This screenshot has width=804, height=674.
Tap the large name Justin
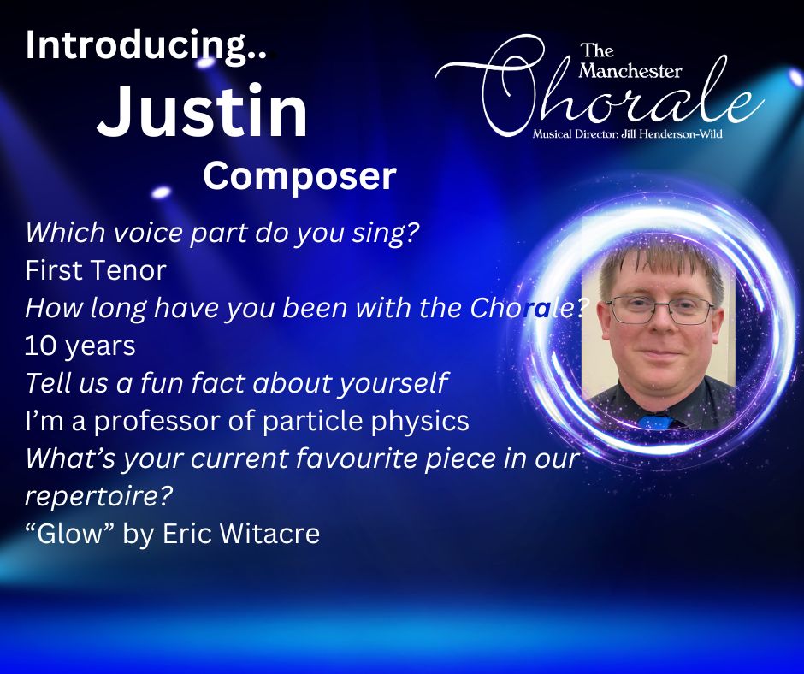click(x=203, y=112)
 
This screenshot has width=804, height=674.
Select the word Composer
click(x=299, y=176)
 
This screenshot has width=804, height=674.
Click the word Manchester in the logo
click(x=630, y=71)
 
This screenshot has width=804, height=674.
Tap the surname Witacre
click(x=269, y=534)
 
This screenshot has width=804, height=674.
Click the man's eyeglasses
click(x=660, y=310)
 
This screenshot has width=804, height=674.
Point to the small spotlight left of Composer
click(x=161, y=192)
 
